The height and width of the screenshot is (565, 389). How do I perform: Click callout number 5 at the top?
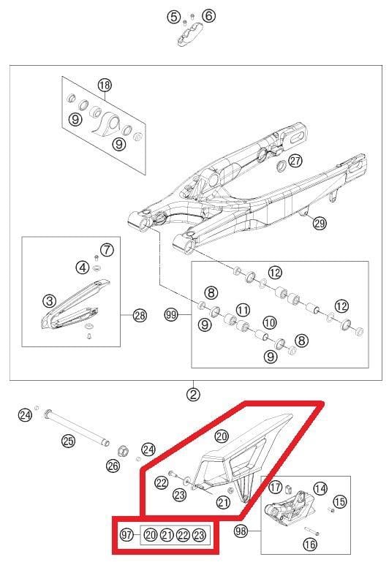[x=173, y=16]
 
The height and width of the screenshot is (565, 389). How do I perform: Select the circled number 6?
[x=208, y=16]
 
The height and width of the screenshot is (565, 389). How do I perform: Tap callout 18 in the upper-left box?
[x=105, y=86]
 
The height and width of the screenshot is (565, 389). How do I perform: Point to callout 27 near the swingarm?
[x=295, y=161]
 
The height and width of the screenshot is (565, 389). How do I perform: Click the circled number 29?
[x=319, y=224]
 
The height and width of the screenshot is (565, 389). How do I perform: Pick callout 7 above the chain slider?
[x=107, y=250]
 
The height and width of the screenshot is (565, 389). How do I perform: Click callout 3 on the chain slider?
[x=50, y=300]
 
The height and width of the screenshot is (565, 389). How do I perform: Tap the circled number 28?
[x=140, y=316]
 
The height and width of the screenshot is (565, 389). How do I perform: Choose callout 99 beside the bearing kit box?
[x=172, y=316]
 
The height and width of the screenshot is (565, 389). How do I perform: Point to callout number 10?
[x=270, y=322]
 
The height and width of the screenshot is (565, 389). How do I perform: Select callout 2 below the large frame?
[x=193, y=395]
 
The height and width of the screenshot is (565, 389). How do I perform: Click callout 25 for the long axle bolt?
[x=68, y=441]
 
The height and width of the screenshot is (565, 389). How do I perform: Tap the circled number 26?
[x=113, y=465]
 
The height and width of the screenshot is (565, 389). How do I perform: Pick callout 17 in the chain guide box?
[x=276, y=488]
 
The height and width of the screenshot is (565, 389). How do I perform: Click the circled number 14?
[x=320, y=488]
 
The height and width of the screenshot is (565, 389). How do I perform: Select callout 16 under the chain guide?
[x=309, y=544]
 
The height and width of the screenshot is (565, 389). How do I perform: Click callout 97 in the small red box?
[x=126, y=535]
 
